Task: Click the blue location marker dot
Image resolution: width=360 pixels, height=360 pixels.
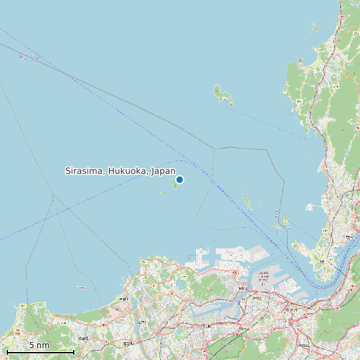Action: click(x=179, y=179)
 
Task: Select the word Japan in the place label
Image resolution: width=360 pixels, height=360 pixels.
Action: click(x=163, y=171)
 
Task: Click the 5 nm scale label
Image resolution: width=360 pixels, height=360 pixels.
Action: click(x=39, y=345)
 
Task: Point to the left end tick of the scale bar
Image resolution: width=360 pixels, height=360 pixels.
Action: click(x=7, y=351)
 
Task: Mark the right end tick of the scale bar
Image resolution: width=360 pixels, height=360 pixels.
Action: click(x=74, y=351)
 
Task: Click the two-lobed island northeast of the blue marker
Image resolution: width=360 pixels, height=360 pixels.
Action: click(x=223, y=96)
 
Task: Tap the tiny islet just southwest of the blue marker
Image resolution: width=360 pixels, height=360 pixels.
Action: click(x=163, y=193)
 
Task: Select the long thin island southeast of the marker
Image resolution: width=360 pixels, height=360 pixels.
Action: click(x=247, y=202)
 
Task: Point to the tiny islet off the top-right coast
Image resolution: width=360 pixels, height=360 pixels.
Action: click(x=315, y=27)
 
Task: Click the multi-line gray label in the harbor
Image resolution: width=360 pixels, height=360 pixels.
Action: click(x=264, y=279)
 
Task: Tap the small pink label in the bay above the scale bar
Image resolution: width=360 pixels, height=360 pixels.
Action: click(x=81, y=288)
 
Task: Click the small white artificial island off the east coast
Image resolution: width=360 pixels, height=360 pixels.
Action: click(x=310, y=207)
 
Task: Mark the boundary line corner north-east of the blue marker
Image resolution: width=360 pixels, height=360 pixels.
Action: click(x=214, y=148)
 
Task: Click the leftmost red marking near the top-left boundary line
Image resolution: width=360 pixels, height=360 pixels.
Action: click(x=23, y=56)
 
